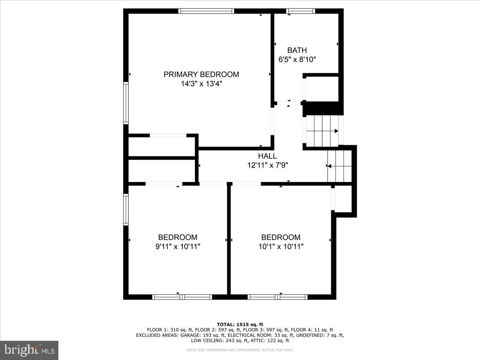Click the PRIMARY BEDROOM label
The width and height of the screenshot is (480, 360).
click(x=201, y=74)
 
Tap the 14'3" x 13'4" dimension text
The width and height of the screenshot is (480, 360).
click(x=201, y=84)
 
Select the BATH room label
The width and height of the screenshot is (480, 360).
click(x=297, y=50)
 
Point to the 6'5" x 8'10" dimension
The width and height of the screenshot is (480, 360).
click(x=297, y=60)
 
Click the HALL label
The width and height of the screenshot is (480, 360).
click(x=267, y=156)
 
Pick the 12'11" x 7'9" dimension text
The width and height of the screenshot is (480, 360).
click(x=267, y=165)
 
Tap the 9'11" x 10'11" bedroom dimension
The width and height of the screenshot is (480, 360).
click(x=178, y=247)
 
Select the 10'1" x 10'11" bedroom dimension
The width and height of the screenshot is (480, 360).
click(x=281, y=247)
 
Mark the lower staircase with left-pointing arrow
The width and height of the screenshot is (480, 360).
click(x=339, y=166)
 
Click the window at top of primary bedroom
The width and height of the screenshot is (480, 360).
click(x=206, y=11)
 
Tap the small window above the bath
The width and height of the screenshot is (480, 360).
click(x=300, y=11)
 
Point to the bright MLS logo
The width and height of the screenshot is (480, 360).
click(x=29, y=350)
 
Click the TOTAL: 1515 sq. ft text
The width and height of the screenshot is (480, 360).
click(x=240, y=324)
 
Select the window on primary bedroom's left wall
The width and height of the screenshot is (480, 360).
click(x=126, y=103)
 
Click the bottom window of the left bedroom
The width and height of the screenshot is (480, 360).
click(x=182, y=297)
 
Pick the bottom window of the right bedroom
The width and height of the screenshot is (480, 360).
click(x=277, y=297)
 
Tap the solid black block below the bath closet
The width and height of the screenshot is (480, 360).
click(x=322, y=108)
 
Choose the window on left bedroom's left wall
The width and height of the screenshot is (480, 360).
click(x=126, y=209)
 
